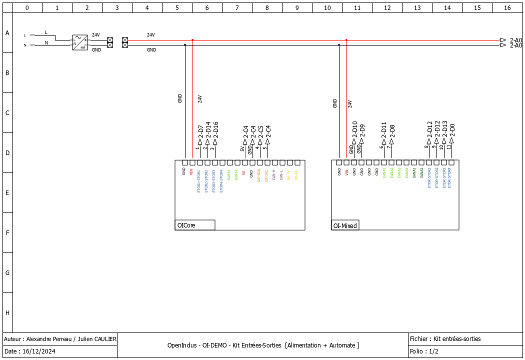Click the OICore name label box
click(x=195, y=225)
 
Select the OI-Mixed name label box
click(x=345, y=225)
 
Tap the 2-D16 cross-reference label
click(x=215, y=129)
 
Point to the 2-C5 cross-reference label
click(x=260, y=131)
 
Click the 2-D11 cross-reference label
click(x=384, y=129)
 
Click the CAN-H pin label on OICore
click(x=274, y=174)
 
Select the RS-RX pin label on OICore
click(x=296, y=174)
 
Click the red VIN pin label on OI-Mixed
click(x=346, y=172)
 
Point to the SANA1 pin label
click(x=414, y=172)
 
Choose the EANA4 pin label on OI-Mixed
click(x=406, y=172)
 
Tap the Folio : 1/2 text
click(x=424, y=351)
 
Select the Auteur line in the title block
click(x=60, y=339)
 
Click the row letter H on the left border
click(x=7, y=313)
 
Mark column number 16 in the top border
click(x=507, y=7)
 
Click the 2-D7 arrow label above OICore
click(x=200, y=131)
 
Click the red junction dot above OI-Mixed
click(x=346, y=40)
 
